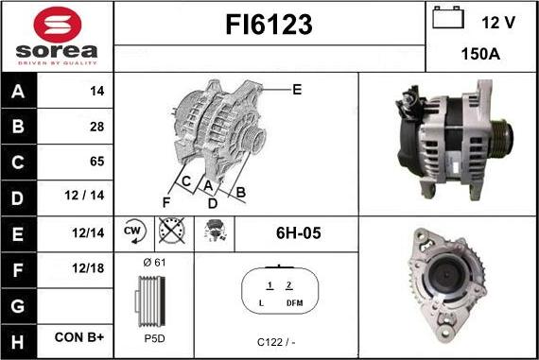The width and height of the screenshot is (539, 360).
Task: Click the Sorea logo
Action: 57,36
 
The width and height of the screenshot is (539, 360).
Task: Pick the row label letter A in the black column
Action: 20,92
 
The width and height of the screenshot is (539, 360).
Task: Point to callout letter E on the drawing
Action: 296,90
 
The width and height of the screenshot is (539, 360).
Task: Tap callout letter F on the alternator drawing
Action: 166,202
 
